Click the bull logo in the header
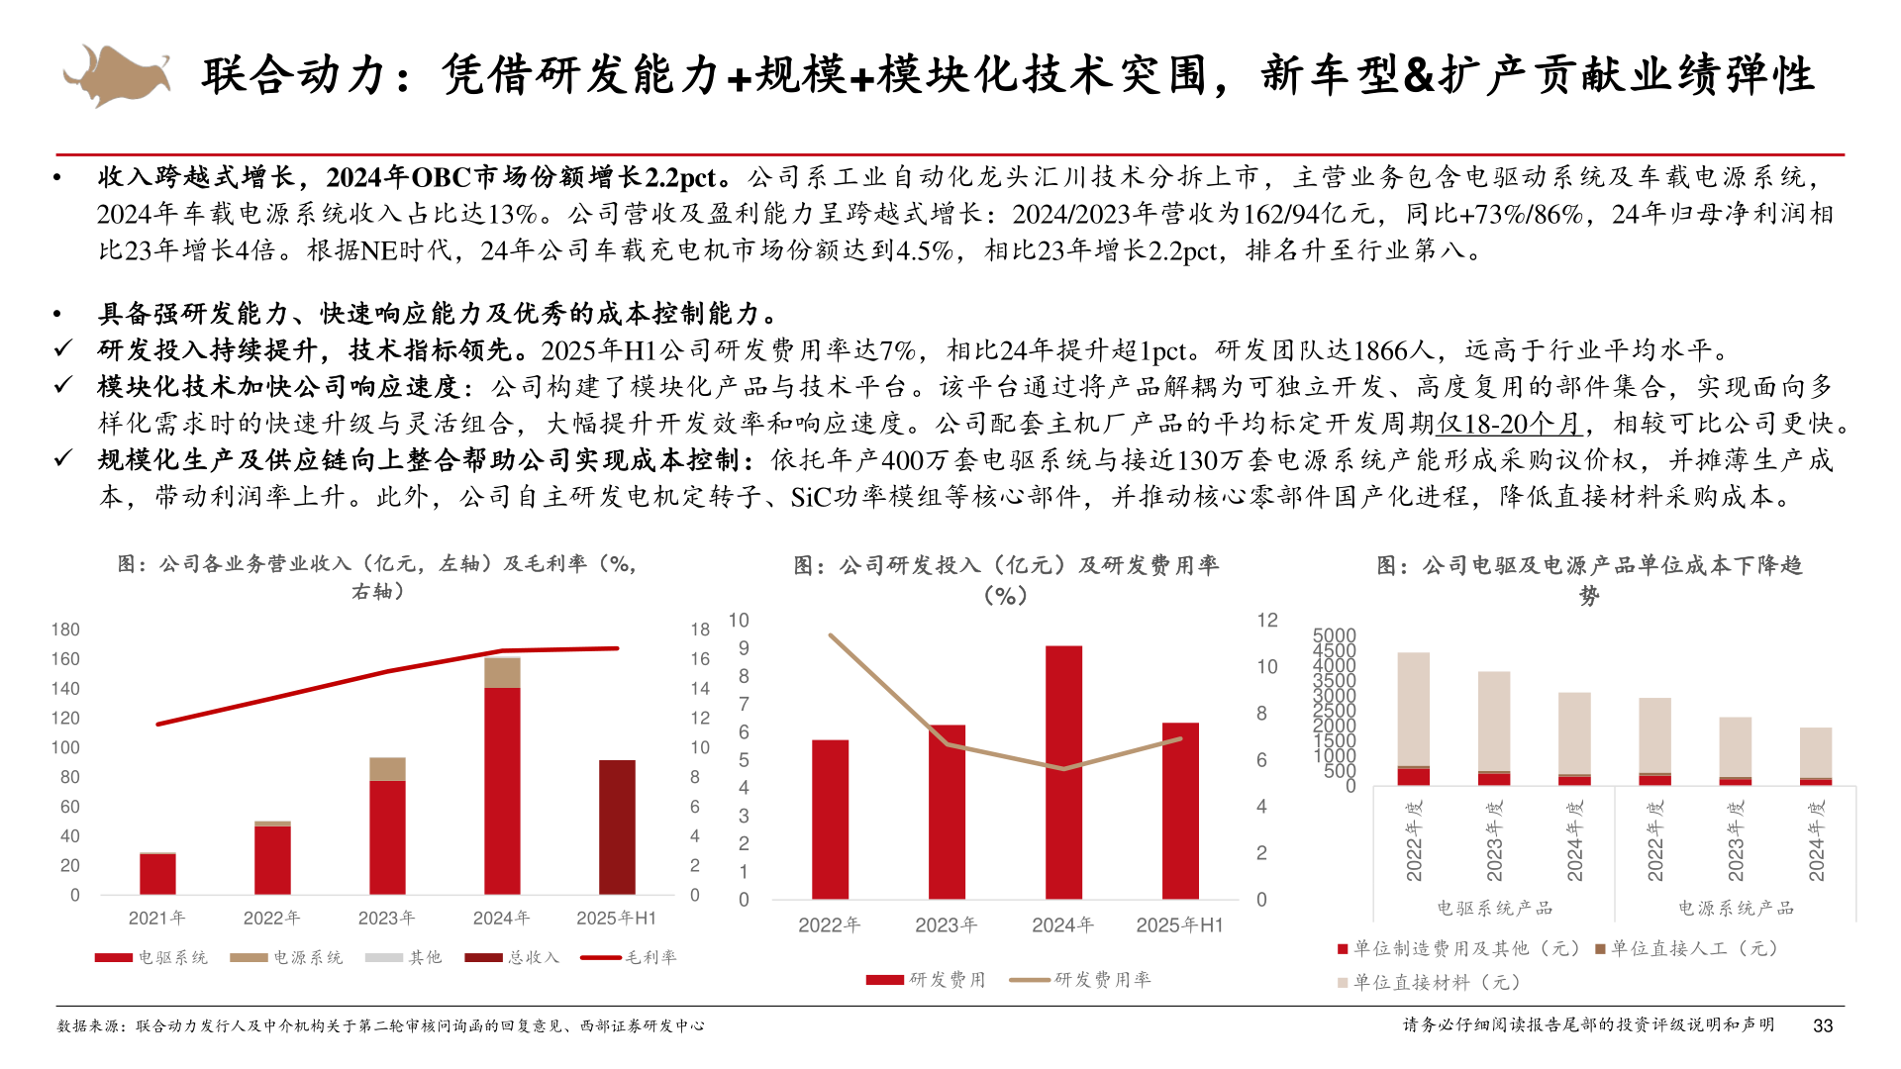116,74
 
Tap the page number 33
1823,1026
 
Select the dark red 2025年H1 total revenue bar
617,827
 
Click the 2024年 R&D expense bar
1063,772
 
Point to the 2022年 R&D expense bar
830,820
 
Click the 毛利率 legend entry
629,957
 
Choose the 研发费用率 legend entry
1080,980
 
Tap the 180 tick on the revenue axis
65,630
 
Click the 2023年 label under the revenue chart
386,919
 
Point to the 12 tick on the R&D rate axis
1267,621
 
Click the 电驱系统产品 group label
1494,908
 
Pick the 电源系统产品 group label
1735,908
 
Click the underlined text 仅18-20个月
1510,424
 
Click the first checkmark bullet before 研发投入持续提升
63,349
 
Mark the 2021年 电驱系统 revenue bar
157,874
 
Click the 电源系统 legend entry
286,957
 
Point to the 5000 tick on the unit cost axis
1334,635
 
